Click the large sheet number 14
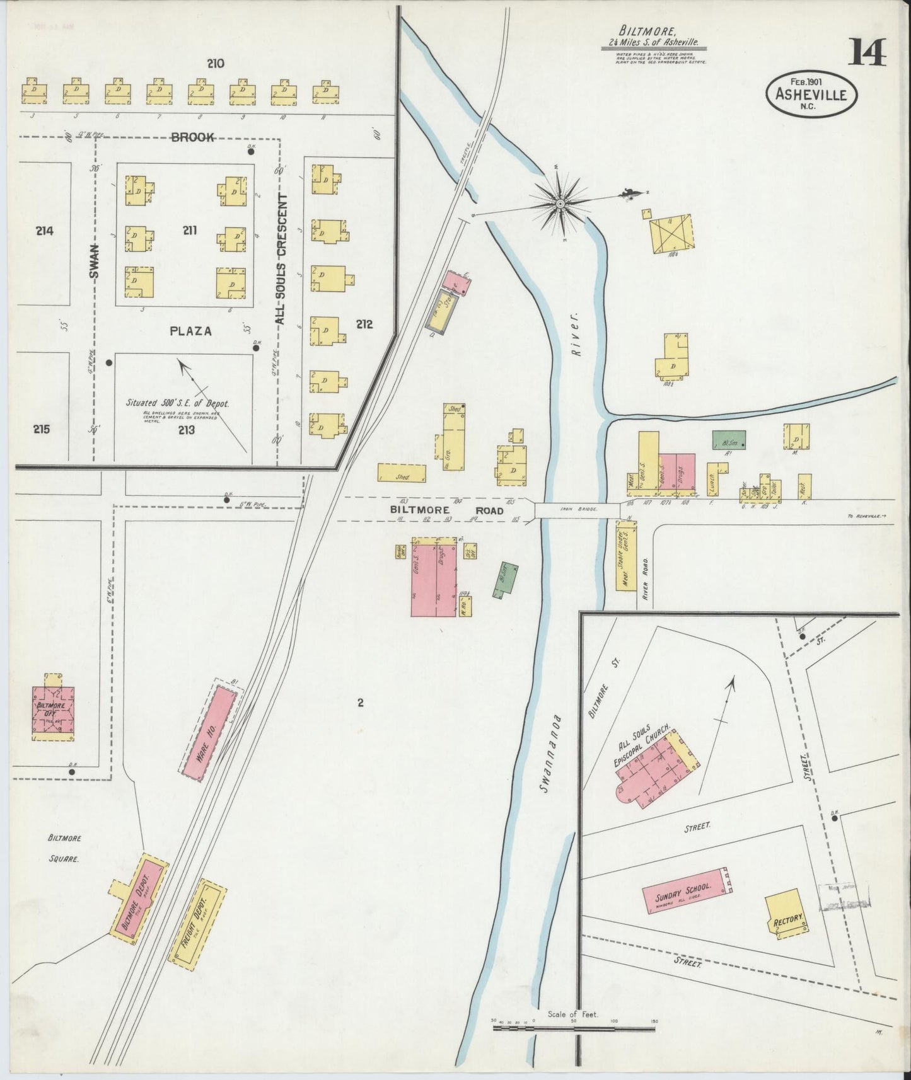point(868,52)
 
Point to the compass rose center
point(560,202)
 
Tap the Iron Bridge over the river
point(577,509)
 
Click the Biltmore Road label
point(446,510)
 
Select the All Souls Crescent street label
point(281,259)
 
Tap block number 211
point(189,231)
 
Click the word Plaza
point(190,330)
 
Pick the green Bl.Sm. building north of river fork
point(729,439)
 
